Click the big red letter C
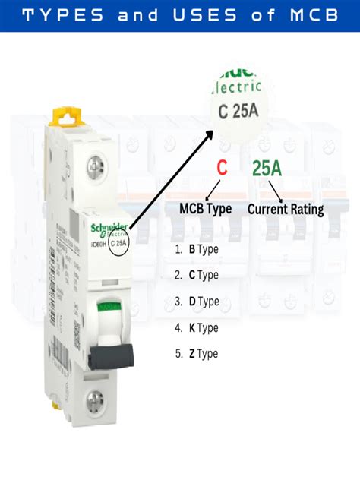click(222, 168)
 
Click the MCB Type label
click(206, 209)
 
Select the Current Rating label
click(286, 209)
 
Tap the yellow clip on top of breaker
click(67, 115)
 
